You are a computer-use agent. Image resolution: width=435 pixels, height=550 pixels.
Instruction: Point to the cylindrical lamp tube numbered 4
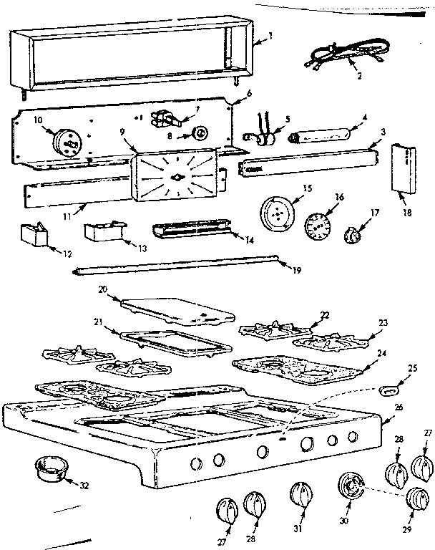319,135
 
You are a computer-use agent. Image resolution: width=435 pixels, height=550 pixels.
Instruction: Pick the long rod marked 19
175,267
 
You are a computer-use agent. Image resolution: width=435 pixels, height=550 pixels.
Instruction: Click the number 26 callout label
398,407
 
